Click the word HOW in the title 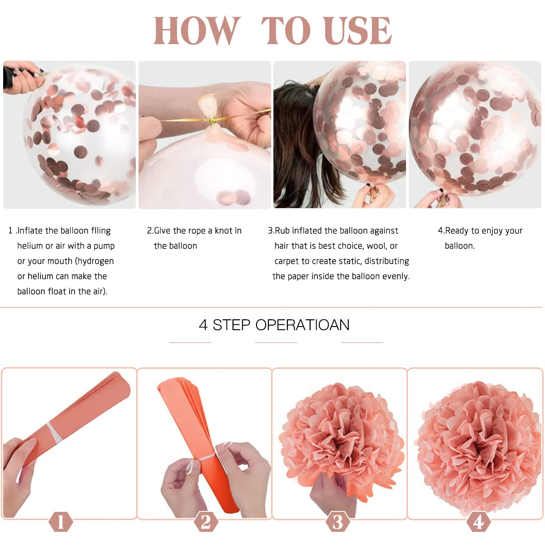click(x=197, y=30)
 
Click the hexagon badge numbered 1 click(x=60, y=521)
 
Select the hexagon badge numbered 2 click(x=206, y=521)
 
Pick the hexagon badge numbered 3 click(x=337, y=521)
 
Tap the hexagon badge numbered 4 click(x=478, y=521)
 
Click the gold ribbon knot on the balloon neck click(x=213, y=122)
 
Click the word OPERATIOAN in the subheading click(x=302, y=325)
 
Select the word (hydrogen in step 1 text click(x=94, y=261)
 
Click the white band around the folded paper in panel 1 click(x=54, y=431)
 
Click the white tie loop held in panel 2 click(x=190, y=467)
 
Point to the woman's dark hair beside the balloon click(x=297, y=141)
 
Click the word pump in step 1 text click(x=104, y=246)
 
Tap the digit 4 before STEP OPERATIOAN click(x=203, y=325)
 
